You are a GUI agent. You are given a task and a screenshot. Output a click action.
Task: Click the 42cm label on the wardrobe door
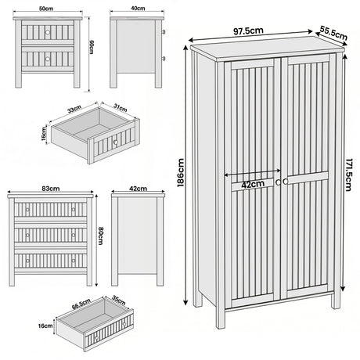(251, 185)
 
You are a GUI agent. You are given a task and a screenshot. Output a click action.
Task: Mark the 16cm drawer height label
(45, 325)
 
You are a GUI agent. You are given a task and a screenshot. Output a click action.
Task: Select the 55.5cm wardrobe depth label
(333, 34)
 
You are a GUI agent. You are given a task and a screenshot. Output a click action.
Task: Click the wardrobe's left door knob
(279, 182)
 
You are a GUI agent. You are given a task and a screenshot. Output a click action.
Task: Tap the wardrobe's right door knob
(287, 182)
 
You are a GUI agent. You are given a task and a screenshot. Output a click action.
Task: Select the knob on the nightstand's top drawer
(48, 32)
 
